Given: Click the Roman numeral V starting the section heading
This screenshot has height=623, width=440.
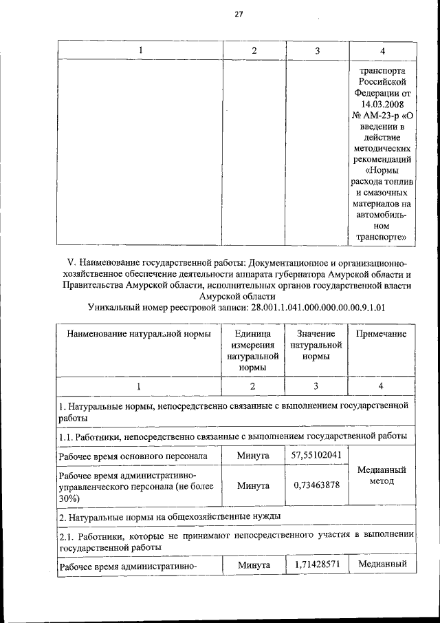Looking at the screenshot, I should (70, 263).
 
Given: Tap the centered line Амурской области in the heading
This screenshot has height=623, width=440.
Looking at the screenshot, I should (236, 295).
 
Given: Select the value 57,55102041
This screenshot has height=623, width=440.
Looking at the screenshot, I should (316, 455).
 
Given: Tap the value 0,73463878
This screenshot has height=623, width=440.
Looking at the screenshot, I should (316, 485).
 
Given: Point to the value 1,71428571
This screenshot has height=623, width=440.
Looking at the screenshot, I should (316, 564).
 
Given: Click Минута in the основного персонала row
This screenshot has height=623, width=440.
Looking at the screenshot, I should (252, 455).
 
